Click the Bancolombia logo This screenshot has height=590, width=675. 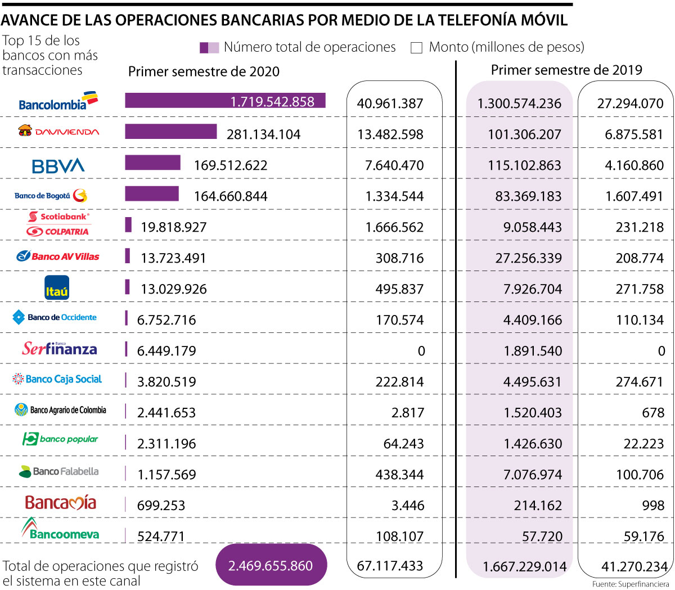coord(58,102)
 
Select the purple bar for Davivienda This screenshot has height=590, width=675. coord(170,132)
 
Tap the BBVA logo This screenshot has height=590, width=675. coord(58,165)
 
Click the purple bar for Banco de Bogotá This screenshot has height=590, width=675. coord(151,193)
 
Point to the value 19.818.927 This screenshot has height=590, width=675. coord(174,227)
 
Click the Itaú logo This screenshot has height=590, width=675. coord(57,287)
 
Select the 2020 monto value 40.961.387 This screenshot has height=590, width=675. coord(390,103)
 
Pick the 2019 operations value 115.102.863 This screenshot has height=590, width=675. coord(519,165)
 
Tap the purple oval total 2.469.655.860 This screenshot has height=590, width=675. coord(271,565)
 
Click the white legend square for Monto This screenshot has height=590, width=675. coord(416,48)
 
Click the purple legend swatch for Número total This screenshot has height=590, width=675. coord(209,48)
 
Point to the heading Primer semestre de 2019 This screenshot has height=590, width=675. coord(566,70)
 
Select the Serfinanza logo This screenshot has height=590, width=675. coord(60,349)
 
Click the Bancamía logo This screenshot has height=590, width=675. coord(61,503)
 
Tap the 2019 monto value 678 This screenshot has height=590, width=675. coord(653,413)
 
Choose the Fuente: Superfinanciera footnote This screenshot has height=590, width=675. coord(631,584)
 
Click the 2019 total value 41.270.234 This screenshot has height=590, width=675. coord(633,566)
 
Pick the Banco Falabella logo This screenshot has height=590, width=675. coord(58,471)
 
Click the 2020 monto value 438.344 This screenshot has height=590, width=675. coord(399,475)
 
